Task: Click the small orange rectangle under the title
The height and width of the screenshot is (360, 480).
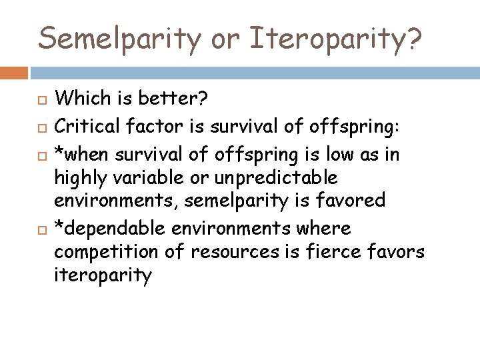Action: pos(14,72)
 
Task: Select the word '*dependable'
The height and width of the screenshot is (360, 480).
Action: pos(109,229)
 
